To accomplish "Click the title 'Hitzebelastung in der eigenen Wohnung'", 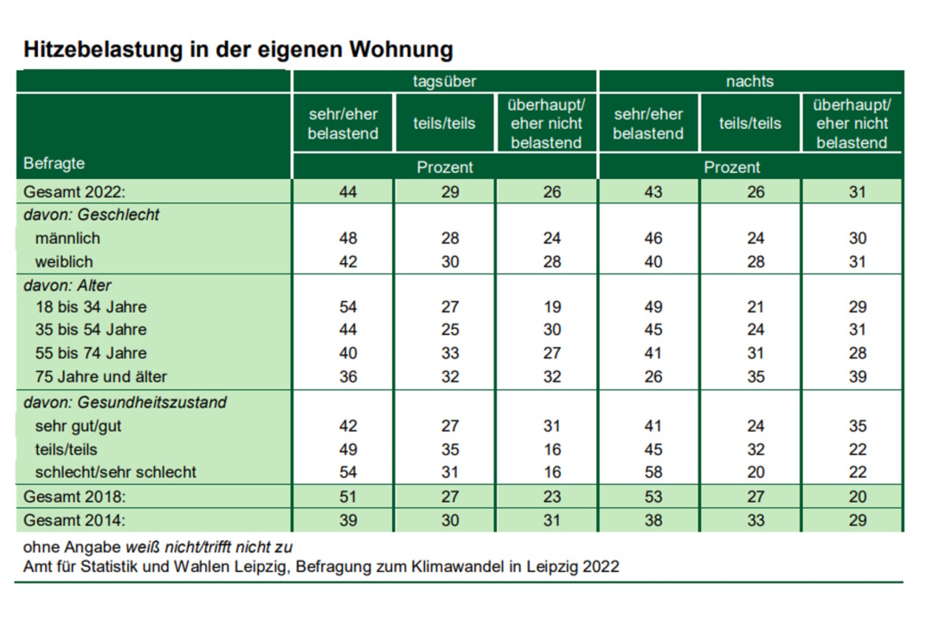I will point(238,49).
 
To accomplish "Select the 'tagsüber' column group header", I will point(445,81).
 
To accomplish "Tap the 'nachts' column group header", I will point(749,81).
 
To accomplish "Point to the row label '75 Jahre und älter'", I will point(101,376).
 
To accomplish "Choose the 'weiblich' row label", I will point(64,261).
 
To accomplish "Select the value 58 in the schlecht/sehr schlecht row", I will point(647,472).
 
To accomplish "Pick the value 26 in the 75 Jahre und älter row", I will point(647,376).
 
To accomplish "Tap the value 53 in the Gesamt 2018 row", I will point(647,497).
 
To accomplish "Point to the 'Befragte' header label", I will point(55,163).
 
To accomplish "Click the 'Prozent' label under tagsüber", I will point(445,167).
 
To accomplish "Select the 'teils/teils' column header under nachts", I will point(749,124).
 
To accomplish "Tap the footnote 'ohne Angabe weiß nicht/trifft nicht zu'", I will point(158,547).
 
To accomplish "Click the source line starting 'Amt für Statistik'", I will point(321,567).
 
